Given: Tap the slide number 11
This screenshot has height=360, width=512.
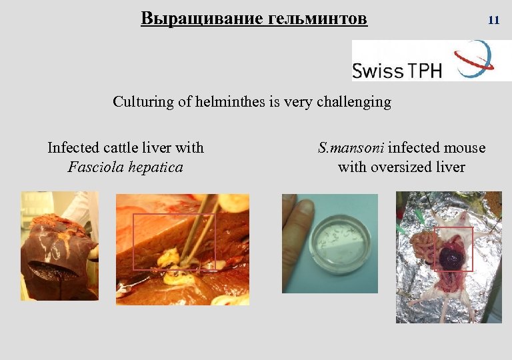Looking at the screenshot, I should [x=493, y=20].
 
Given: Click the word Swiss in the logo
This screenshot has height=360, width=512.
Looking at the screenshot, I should [x=378, y=70].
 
